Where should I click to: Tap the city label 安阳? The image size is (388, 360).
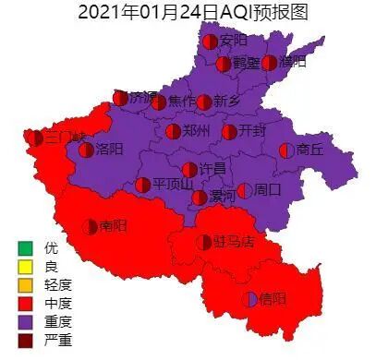234,41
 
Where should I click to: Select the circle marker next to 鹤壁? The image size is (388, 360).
223,64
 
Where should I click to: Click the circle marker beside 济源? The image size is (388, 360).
120,98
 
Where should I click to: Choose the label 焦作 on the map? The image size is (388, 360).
182,102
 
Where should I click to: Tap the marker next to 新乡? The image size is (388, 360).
204,102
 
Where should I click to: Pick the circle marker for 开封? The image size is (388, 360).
228,132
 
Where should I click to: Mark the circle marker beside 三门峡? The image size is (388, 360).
34,138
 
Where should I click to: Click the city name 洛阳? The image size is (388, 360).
109,150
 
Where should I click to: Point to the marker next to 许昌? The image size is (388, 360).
189,169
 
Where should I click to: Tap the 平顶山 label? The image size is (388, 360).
173,184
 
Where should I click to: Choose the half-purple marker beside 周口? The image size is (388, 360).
244,191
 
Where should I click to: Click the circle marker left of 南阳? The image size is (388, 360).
91,226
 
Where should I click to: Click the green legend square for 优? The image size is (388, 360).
25,248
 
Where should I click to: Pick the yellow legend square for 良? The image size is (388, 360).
25,266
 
